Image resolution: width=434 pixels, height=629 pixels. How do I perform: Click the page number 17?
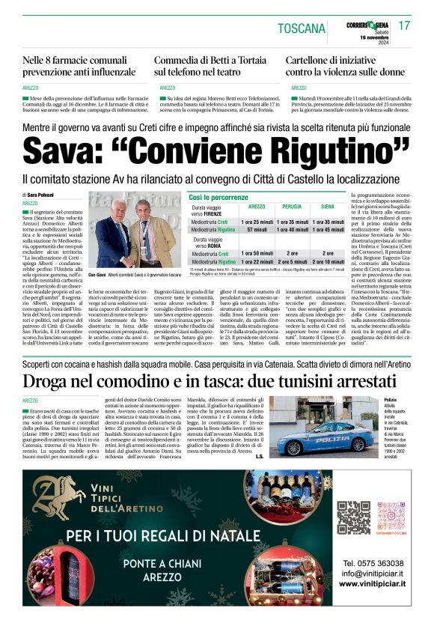click(404, 25)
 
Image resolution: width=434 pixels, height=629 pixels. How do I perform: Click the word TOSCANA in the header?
click(301, 29)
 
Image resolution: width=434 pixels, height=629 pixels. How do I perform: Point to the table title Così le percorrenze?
click(218, 196)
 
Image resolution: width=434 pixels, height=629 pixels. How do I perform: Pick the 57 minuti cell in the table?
click(257, 229)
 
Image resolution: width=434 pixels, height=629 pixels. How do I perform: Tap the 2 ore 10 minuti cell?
click(327, 262)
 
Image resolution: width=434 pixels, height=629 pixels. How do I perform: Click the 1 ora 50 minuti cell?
click(257, 254)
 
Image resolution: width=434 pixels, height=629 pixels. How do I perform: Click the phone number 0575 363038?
click(373, 563)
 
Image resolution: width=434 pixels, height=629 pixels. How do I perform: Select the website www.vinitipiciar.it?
click(373, 583)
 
